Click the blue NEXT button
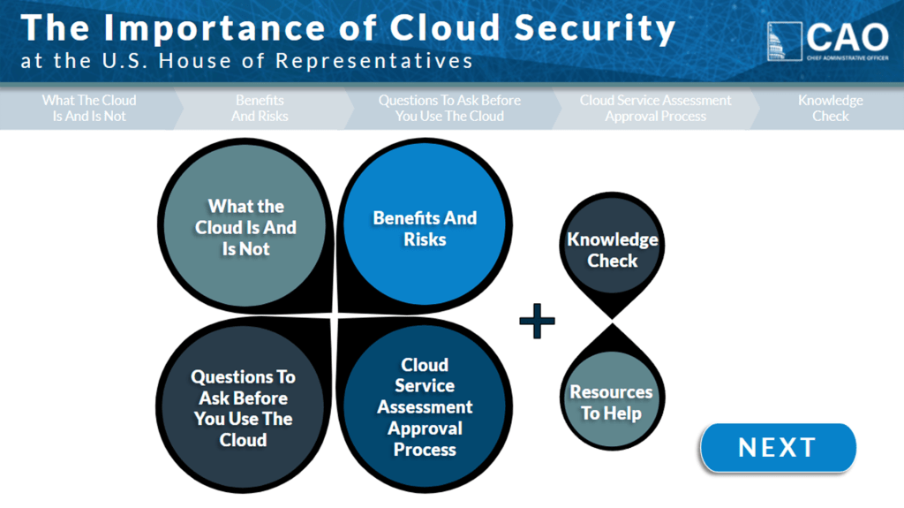[x=778, y=448]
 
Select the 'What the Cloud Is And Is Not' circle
[x=245, y=227]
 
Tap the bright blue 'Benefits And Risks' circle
[x=425, y=229]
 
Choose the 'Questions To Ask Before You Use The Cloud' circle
[x=243, y=407]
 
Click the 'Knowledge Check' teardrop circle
[x=612, y=249]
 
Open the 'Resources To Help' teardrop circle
[x=611, y=402]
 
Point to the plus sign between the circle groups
[x=537, y=322]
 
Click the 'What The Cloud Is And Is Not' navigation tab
[x=89, y=108]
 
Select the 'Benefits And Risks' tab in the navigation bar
[x=260, y=108]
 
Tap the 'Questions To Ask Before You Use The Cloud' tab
[x=449, y=108]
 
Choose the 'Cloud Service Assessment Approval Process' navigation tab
[x=655, y=108]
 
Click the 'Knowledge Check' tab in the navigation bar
[x=830, y=108]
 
